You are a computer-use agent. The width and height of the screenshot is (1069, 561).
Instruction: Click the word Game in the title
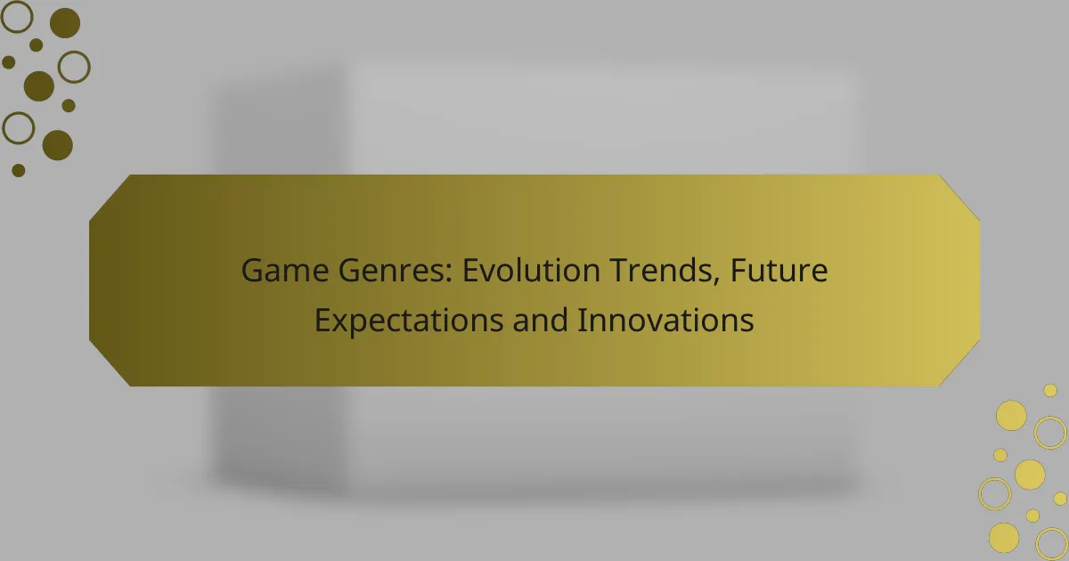click(285, 271)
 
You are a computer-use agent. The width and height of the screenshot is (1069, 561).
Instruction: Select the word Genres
click(395, 271)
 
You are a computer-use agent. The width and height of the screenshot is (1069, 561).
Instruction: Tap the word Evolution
click(531, 270)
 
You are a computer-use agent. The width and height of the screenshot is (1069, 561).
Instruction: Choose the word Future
click(779, 270)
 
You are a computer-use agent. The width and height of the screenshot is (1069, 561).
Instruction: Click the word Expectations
click(409, 321)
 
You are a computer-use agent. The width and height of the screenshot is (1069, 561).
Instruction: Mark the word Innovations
click(665, 320)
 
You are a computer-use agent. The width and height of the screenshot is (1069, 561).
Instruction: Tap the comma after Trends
click(716, 280)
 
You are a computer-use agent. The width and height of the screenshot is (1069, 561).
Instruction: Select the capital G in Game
click(252, 271)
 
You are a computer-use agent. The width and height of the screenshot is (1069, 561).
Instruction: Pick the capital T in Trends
click(621, 271)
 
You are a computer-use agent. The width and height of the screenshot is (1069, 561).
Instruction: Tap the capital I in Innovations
click(581, 320)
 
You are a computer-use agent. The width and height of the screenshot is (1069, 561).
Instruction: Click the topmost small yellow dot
click(1050, 391)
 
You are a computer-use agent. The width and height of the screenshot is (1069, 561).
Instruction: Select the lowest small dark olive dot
click(18, 170)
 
